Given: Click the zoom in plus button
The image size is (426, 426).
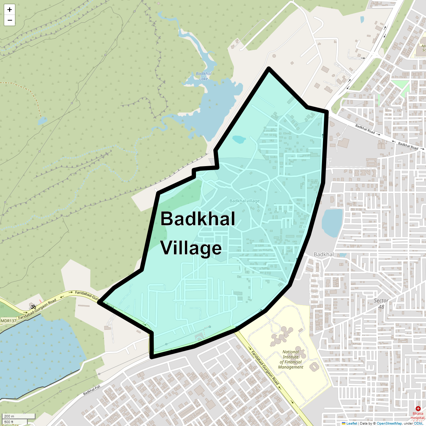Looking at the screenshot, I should coord(10,10).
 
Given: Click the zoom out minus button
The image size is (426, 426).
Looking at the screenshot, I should coord(10,20).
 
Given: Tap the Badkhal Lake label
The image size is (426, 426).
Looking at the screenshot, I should coord(203,76).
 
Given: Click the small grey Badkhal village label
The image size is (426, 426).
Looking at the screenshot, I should coord(244,201).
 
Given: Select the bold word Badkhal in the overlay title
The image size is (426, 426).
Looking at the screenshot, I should coord(198,219).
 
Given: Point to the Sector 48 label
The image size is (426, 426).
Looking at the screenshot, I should coord(381,304).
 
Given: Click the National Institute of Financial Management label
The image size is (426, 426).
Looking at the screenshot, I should coord(291,360).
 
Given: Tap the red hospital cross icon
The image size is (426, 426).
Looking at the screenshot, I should coord(417,409).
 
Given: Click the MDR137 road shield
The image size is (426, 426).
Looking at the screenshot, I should coord(9,321).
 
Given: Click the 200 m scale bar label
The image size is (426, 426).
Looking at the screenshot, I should coord(10,416).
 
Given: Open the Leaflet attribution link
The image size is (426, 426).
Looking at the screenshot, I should coord(351,423).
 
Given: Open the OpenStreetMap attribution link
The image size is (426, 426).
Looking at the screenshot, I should coord(389,423).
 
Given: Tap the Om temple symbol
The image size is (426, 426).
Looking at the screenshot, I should coord(33,306).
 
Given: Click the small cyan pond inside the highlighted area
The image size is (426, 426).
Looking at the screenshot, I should coord(239,139).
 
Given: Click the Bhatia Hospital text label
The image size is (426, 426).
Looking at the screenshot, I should coord(417,416).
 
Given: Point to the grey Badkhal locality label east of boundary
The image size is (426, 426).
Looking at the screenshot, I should coord(323,255).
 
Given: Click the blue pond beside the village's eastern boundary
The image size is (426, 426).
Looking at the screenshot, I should coord(332,223).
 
